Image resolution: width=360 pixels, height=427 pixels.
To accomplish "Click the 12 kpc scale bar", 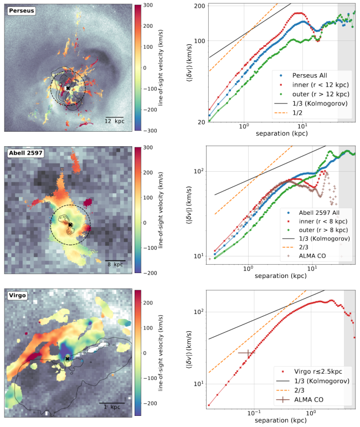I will [x=116, y=117].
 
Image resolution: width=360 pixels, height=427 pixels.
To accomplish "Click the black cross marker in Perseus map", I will [x=68, y=88].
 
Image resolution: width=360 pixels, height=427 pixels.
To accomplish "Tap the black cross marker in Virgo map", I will [x=67, y=359].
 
